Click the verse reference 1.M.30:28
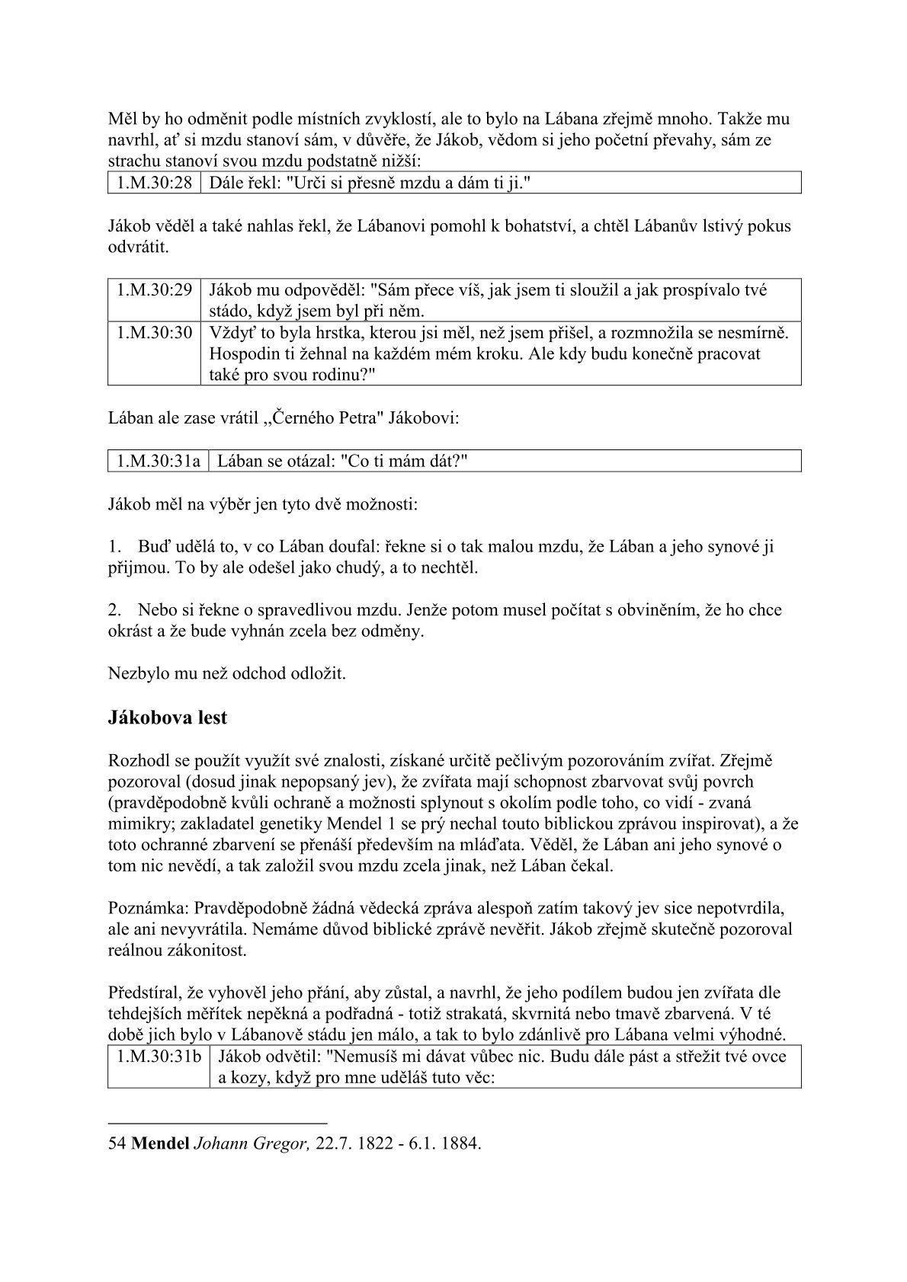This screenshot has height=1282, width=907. pos(154,183)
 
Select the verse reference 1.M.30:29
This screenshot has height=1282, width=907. pos(154,290)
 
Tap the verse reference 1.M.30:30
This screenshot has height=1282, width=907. pos(154,333)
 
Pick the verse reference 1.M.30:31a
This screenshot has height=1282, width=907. pos(159,461)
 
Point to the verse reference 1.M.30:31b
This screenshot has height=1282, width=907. pos(159,1057)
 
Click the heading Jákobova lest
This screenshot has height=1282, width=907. pos(168,718)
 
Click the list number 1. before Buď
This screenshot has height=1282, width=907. pos(115,546)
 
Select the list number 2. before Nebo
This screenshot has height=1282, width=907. pos(115,609)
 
